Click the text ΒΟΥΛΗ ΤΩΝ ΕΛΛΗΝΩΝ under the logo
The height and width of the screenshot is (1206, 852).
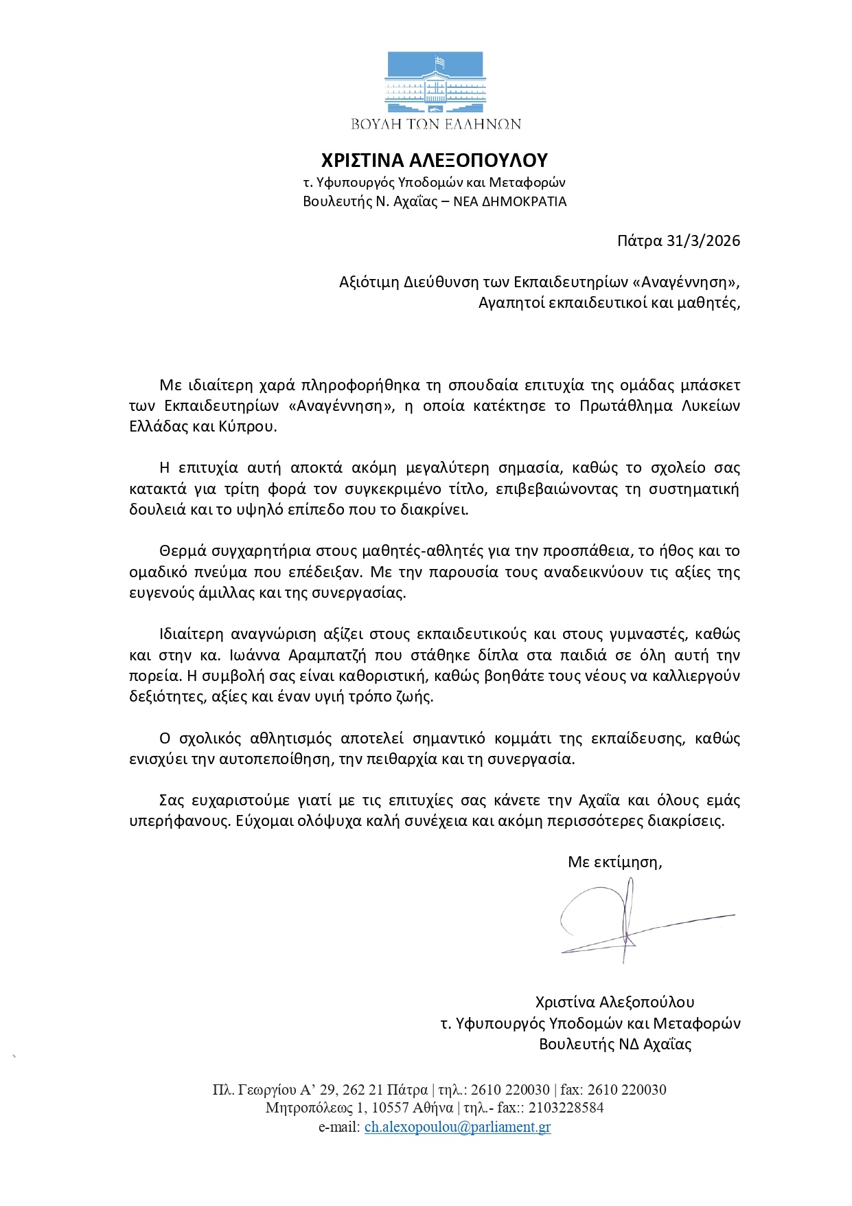click(436, 124)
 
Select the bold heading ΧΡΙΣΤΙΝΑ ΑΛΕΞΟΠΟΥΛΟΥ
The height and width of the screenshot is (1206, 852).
click(435, 161)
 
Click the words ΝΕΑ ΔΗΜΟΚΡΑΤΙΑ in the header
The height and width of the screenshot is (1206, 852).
click(510, 202)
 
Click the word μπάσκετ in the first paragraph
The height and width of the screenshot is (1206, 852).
click(709, 385)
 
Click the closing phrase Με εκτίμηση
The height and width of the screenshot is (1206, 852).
click(614, 862)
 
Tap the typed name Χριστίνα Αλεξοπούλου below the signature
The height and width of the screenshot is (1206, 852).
click(614, 1002)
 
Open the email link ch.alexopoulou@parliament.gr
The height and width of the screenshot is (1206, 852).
click(457, 1127)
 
